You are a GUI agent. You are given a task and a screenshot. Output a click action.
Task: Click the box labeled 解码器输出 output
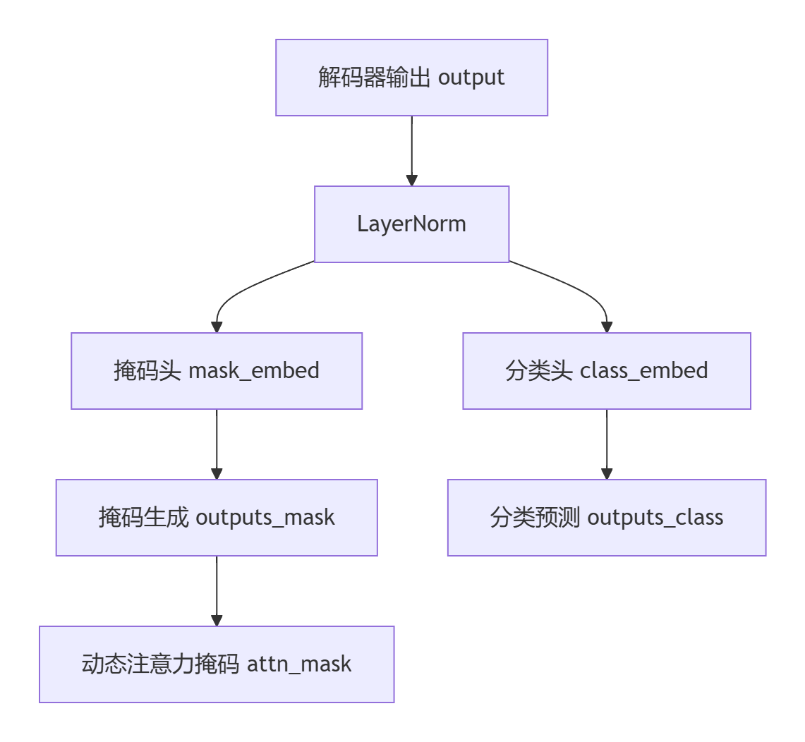point(411,78)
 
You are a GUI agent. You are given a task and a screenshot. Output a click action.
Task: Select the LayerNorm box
point(411,224)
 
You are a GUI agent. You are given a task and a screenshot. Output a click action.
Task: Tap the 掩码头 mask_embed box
point(217,371)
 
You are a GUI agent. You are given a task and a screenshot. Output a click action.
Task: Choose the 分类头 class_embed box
point(607,371)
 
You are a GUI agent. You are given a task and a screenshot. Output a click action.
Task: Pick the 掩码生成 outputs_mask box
point(217,518)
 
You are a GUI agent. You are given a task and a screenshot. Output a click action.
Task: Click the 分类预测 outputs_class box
point(607,518)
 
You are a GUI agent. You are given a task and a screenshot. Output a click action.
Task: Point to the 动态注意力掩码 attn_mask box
point(217,664)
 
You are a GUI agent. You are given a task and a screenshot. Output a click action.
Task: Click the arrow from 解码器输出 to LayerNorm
point(411,150)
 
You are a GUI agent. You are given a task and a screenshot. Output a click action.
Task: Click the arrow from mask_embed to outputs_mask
point(217,444)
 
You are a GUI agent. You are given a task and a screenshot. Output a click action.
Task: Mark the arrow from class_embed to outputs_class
point(607,444)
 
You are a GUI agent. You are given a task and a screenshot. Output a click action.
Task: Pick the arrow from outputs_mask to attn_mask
point(217,590)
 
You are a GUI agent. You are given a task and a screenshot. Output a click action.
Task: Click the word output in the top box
point(471,78)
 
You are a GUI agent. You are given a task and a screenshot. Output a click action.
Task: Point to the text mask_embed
point(254,371)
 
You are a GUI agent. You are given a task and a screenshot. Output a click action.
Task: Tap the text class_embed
point(643,371)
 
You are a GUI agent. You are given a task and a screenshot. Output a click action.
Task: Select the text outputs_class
point(655,518)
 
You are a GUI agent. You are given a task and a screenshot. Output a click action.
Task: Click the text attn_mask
point(299,664)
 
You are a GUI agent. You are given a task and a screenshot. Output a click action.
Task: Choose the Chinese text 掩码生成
point(143,518)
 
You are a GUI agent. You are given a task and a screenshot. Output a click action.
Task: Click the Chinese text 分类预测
point(535,518)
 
